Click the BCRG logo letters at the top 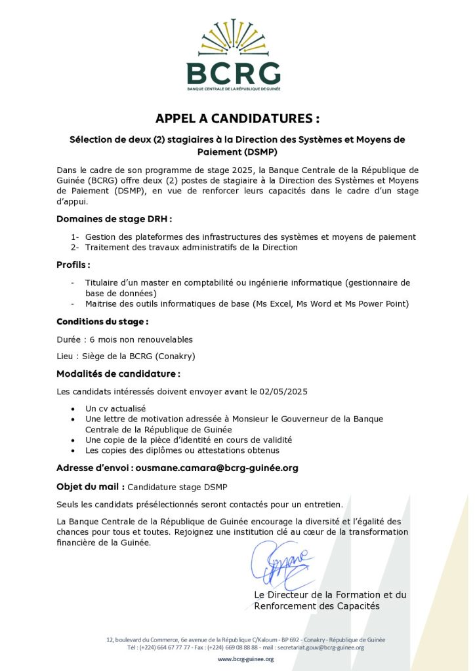(233, 73)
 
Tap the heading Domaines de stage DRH (114, 218)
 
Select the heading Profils (73, 265)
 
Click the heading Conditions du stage (102, 322)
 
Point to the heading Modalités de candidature (118, 374)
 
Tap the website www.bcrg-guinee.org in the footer (245, 659)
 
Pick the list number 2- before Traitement (75, 247)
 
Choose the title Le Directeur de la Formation (330, 595)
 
